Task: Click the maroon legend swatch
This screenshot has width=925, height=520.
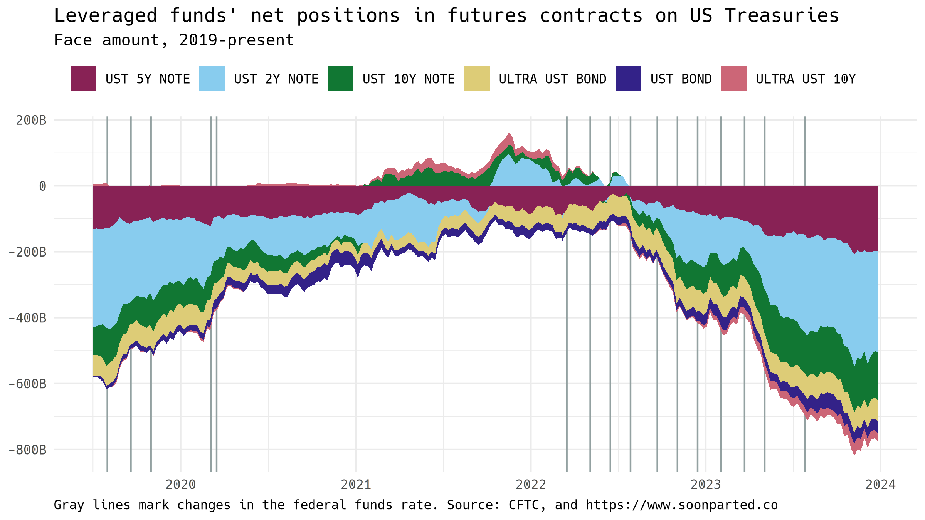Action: (83, 79)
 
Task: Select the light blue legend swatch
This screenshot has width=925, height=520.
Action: (212, 79)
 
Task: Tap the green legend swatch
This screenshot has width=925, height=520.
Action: (340, 79)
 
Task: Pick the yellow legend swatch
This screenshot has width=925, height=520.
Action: (477, 79)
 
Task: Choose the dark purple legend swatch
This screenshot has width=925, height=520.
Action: (628, 79)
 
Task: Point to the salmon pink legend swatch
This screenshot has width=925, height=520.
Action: (734, 79)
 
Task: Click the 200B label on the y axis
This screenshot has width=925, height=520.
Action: (31, 120)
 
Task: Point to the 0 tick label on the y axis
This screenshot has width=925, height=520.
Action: (42, 186)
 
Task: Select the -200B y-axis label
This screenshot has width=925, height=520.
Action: (28, 252)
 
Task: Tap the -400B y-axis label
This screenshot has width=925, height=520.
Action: (28, 318)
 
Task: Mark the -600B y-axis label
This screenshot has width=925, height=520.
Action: (28, 384)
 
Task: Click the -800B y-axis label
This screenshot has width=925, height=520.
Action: (28, 450)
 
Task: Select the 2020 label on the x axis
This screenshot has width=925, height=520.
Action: (180, 485)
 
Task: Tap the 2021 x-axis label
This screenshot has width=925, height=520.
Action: (356, 485)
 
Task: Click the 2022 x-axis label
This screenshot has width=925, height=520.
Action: (531, 485)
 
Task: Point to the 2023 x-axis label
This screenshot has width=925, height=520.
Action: (706, 485)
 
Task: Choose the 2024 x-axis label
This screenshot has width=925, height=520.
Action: (881, 485)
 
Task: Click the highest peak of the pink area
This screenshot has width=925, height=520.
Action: (509, 134)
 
